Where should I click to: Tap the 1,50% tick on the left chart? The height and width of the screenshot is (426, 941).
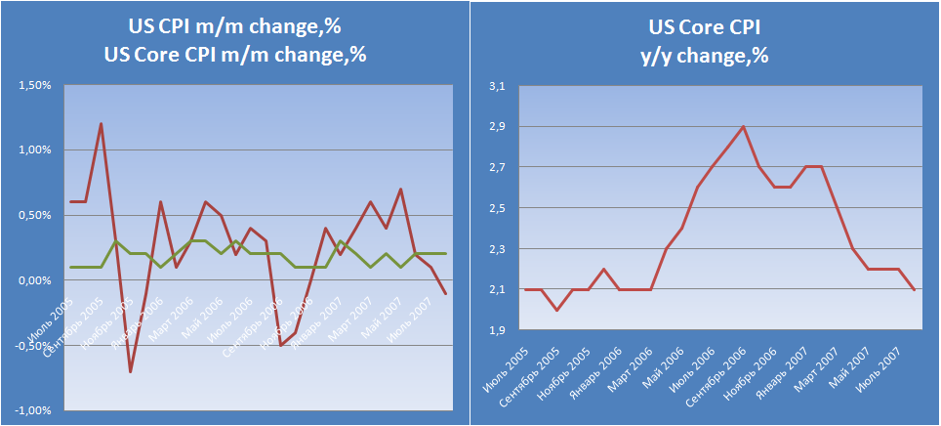34,86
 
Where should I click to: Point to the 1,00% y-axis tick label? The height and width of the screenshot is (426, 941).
34,150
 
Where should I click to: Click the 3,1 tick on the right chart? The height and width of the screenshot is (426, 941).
497,87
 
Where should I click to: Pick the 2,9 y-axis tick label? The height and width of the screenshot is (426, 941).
497,128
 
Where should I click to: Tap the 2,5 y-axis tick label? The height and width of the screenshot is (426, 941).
497,209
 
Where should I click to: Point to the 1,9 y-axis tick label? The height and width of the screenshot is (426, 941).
497,330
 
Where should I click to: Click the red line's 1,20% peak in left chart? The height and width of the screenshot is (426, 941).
101,124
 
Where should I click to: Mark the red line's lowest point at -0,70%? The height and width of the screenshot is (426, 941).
131,371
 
